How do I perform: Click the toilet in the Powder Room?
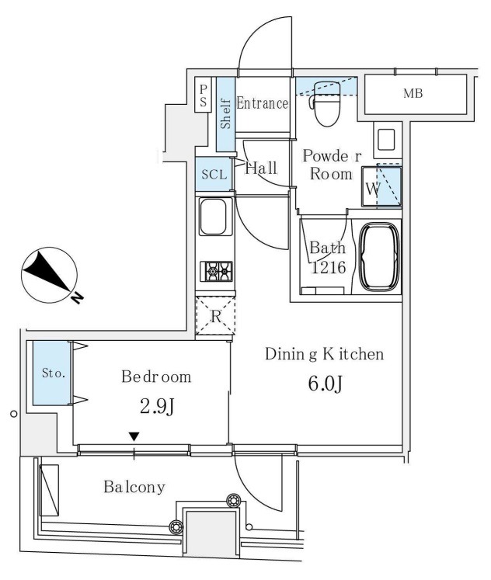[326, 103]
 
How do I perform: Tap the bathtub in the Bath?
[380, 257]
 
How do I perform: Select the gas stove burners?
[217, 272]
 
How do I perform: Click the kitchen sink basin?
[213, 217]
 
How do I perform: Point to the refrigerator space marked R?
[215, 316]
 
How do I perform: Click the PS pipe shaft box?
[203, 95]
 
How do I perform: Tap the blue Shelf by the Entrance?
[226, 114]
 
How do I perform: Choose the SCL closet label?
[214, 174]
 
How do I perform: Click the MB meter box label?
[413, 94]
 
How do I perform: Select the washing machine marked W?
[381, 187]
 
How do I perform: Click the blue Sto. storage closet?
[51, 373]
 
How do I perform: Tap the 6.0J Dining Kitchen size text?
[325, 384]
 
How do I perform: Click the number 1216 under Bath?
[329, 267]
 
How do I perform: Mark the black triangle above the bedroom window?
[134, 437]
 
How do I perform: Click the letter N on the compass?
[77, 298]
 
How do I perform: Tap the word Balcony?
[134, 487]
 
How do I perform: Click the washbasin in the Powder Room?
[387, 140]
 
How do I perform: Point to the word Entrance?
[262, 103]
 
